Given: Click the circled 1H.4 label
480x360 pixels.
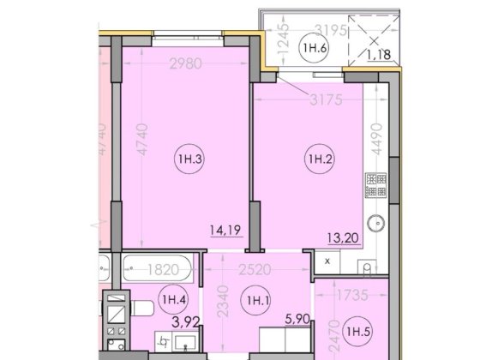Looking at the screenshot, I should click(170, 299).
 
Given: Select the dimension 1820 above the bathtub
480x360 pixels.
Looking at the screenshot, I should click(159, 267).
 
